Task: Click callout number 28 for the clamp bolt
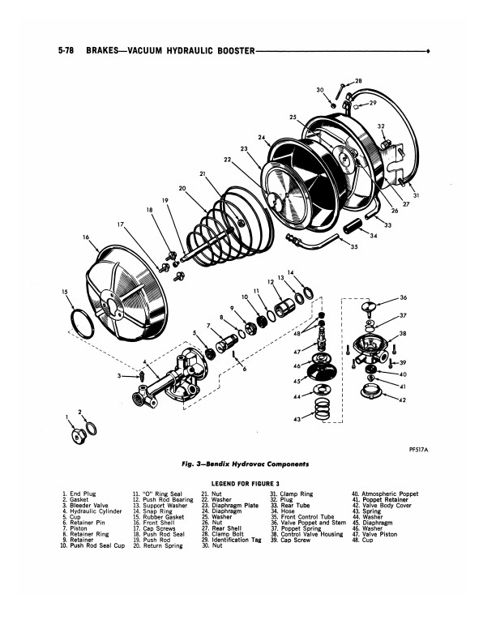coord(358,81)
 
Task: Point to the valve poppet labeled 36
coord(372,307)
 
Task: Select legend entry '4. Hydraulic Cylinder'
coord(93,512)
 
